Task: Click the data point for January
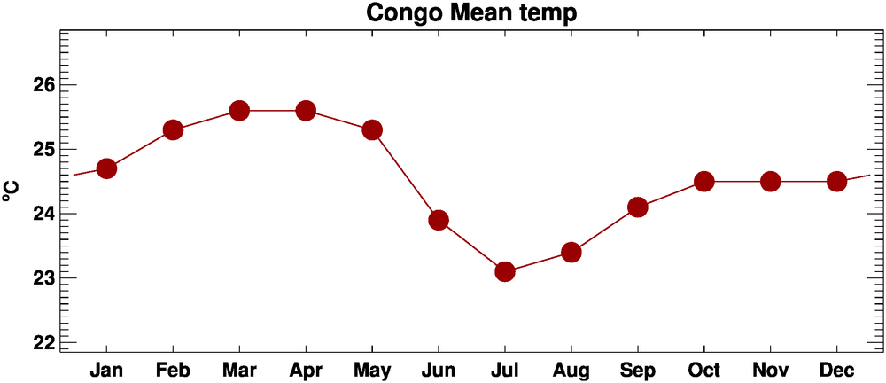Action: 106,168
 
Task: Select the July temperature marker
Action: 505,271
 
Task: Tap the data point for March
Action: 239,111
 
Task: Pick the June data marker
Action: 439,220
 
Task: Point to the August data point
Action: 571,253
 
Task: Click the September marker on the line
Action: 638,207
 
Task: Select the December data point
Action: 837,182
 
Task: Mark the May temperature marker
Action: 372,130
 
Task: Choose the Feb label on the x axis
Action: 173,369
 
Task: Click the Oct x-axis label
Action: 704,369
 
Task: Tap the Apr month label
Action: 306,370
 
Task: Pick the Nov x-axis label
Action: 771,369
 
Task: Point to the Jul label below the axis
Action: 505,369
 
